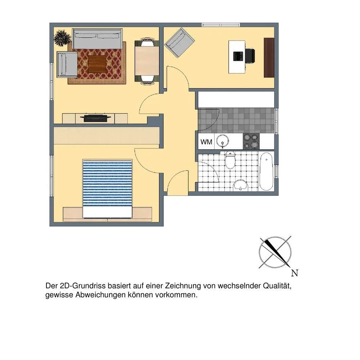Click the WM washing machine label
[x=206, y=142]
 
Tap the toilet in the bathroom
[x=230, y=160]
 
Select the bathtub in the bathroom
[x=266, y=171]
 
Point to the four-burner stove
[x=251, y=141]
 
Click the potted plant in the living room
[x=62, y=38]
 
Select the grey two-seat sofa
[x=97, y=39]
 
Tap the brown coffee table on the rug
[x=97, y=64]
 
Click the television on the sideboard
[x=95, y=118]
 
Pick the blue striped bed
[x=107, y=189]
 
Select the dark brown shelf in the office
[x=269, y=57]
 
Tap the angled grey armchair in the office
[x=180, y=42]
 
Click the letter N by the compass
[x=294, y=273]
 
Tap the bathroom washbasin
[x=240, y=185]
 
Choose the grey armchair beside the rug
[x=67, y=64]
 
